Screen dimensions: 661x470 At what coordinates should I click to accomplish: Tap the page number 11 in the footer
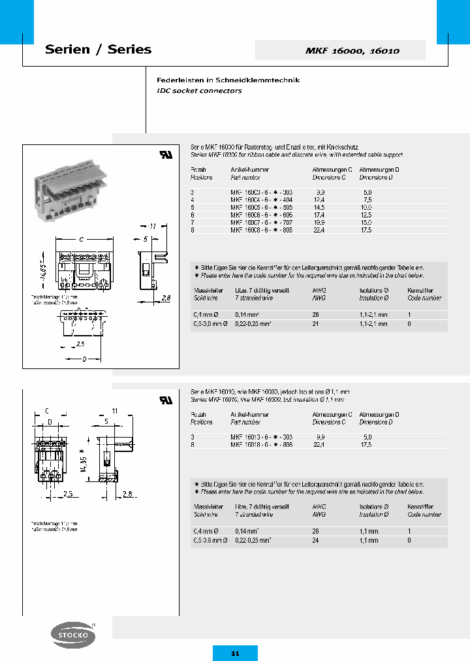coord(235,653)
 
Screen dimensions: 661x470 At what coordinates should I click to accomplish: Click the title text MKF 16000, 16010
coord(352,50)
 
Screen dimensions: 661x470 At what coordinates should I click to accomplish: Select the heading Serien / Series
coord(98,50)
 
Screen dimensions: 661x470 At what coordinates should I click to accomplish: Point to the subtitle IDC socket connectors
coord(199,91)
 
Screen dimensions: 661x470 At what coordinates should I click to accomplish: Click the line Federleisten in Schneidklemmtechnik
coord(228,80)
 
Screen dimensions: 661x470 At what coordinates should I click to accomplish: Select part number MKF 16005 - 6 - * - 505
coord(262,207)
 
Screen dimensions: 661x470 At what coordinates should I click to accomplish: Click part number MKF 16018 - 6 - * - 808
coord(262,444)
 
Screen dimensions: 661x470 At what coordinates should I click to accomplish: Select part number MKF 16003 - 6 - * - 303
coord(262,192)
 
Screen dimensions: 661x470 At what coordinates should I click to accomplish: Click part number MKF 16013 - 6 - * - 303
coord(262,436)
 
